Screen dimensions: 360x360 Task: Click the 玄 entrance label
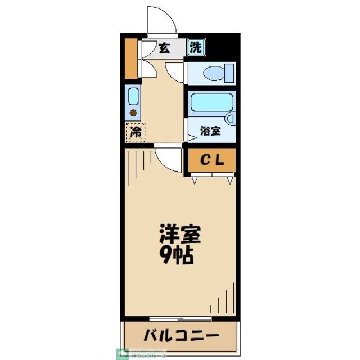[164, 48]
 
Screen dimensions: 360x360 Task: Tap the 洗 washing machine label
[195, 48]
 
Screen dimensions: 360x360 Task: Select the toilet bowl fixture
[213, 73]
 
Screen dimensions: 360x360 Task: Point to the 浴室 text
[211, 132]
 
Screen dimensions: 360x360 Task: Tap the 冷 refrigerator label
[135, 133]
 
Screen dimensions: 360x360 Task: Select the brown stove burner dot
[133, 112]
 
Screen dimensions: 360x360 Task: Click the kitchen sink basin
[133, 96]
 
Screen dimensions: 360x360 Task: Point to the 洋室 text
[180, 233]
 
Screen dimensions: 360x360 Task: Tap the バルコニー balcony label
[180, 337]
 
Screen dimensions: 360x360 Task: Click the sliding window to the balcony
[180, 319]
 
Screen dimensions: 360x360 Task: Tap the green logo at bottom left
[122, 354]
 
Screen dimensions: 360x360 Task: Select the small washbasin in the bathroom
[229, 119]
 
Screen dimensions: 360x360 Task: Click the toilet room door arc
[175, 71]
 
